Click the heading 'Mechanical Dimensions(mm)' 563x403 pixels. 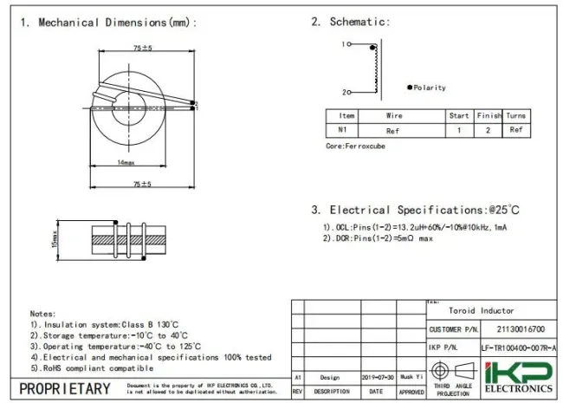pyautogui.click(x=117, y=22)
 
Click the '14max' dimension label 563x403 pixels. pyautogui.click(x=126, y=162)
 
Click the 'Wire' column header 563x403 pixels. pyautogui.click(x=394, y=115)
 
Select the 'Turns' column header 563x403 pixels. pyautogui.click(x=515, y=115)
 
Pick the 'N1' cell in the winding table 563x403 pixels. pyautogui.click(x=342, y=130)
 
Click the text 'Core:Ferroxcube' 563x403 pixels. pyautogui.click(x=355, y=146)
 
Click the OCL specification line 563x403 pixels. pyautogui.click(x=416, y=226)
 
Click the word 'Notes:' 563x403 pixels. pyautogui.click(x=42, y=313)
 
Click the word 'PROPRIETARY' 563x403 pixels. pyautogui.click(x=65, y=388)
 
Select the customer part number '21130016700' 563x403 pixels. pyautogui.click(x=520, y=329)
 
